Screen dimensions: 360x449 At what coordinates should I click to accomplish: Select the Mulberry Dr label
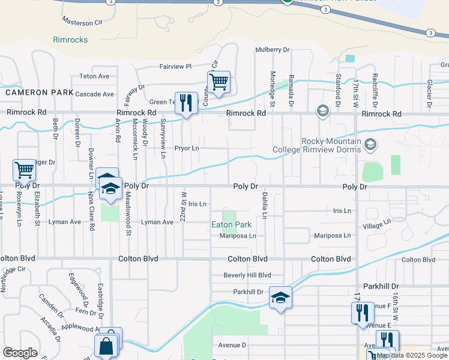[272, 50]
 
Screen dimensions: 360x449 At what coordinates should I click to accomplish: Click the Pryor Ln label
[186, 148]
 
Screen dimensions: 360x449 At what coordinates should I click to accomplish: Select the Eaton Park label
[231, 226]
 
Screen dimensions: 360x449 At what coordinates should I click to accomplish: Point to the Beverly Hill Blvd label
[243, 275]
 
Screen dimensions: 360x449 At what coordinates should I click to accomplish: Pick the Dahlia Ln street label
[264, 205]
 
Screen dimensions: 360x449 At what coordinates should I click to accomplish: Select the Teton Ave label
[94, 76]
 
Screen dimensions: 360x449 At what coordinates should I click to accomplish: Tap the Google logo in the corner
[20, 353]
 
